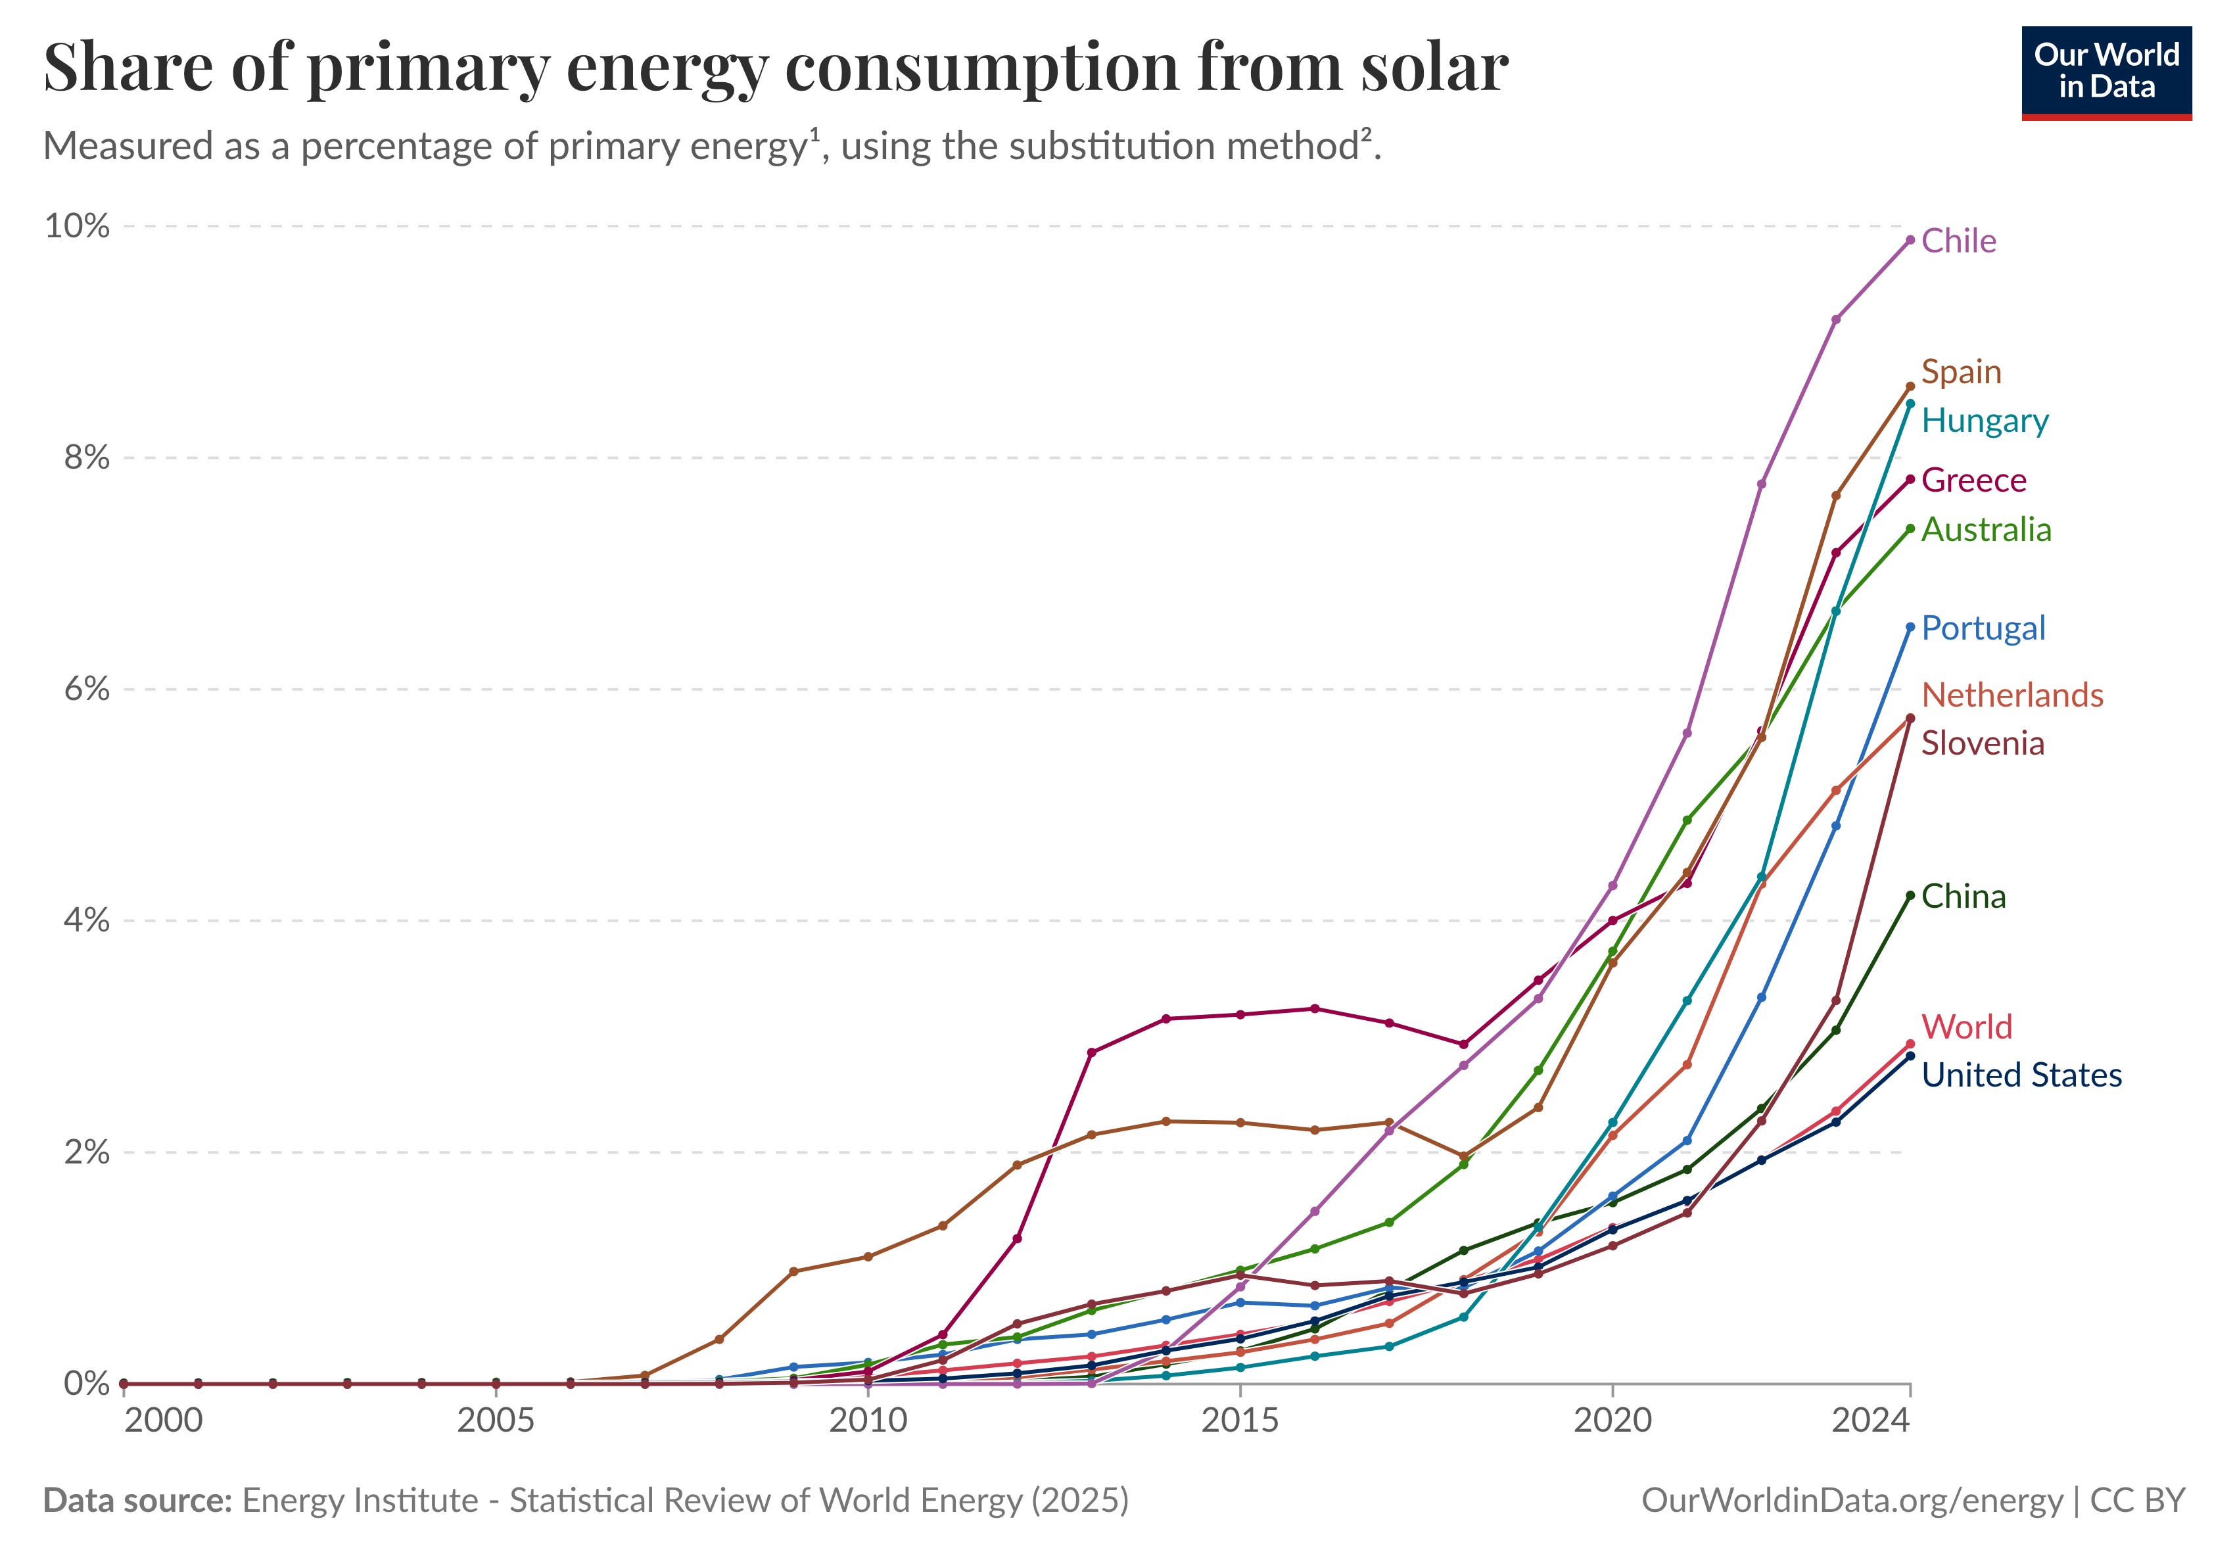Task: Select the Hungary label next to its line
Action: click(x=1985, y=421)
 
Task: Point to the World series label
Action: click(x=1966, y=1027)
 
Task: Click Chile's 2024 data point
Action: click(x=1910, y=240)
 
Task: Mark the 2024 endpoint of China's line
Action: click(x=1910, y=895)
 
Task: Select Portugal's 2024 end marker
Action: click(x=1910, y=627)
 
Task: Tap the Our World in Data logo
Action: click(x=2106, y=73)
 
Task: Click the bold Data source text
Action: click(x=137, y=1501)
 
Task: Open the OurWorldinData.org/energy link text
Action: click(x=1850, y=1501)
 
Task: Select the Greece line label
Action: click(x=1973, y=480)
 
